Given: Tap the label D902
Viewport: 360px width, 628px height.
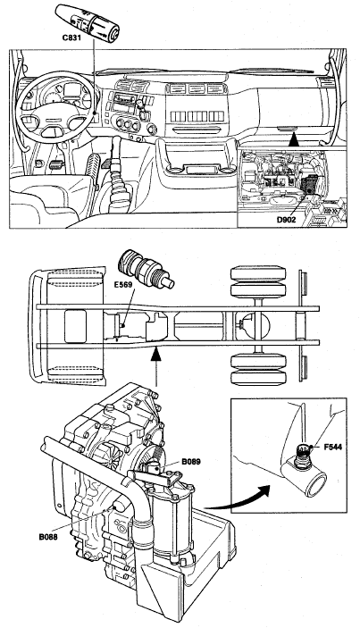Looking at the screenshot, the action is [x=287, y=220].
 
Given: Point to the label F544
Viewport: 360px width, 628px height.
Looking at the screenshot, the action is [x=333, y=447].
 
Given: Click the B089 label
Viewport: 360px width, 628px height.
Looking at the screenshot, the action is [x=190, y=462].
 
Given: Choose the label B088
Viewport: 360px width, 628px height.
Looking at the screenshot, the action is [x=48, y=537].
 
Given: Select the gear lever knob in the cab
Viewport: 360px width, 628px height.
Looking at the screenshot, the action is [x=116, y=143].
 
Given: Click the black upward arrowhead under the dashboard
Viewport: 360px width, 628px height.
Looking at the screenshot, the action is [x=294, y=139].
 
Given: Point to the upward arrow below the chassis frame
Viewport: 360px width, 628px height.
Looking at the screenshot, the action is [x=156, y=367].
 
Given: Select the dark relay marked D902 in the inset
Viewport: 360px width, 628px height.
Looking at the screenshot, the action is [x=310, y=183].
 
